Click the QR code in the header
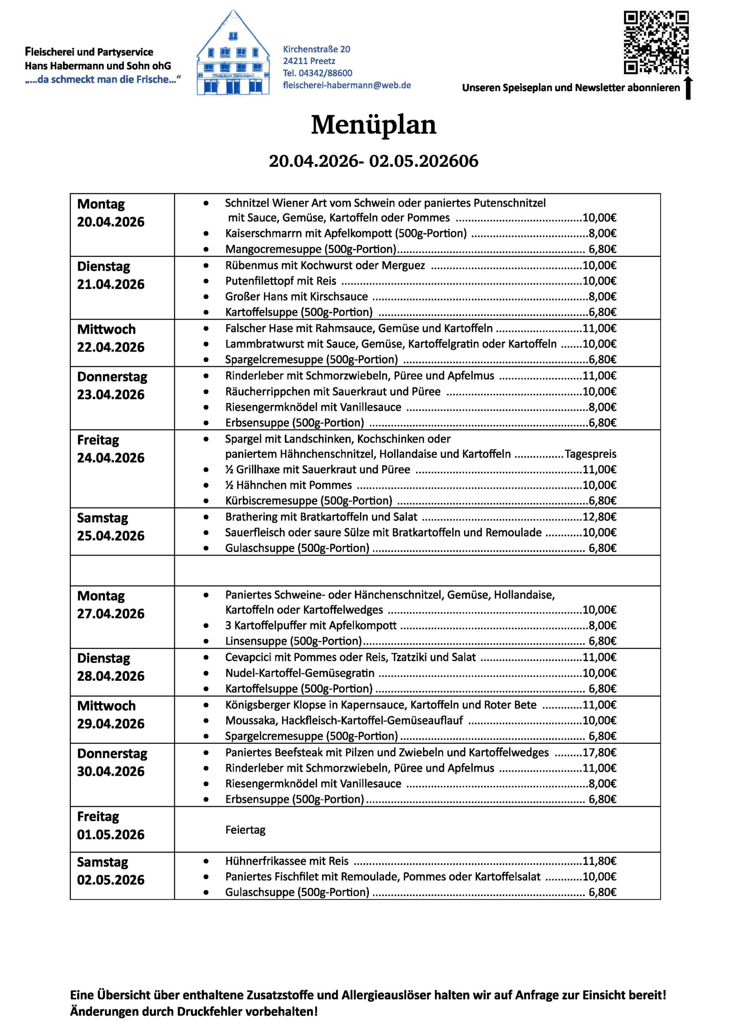[656, 43]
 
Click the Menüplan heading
[373, 125]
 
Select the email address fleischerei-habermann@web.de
[347, 85]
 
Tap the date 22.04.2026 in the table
[110, 347]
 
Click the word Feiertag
[245, 829]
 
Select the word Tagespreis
[590, 454]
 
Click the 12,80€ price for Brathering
[599, 517]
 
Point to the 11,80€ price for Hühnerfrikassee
[599, 861]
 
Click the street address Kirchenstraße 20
[316, 49]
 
